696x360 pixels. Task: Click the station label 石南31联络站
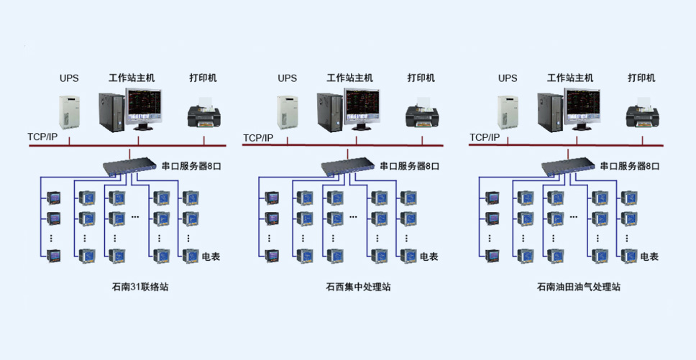[140, 287]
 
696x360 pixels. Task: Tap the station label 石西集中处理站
[358, 287]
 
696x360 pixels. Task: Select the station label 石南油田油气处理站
[578, 287]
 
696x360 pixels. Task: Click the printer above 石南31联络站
[203, 113]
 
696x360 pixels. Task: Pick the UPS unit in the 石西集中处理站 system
[287, 113]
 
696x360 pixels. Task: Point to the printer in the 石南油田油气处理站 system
[642, 113]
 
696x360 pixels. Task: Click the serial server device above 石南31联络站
[129, 166]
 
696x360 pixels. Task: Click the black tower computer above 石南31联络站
[111, 112]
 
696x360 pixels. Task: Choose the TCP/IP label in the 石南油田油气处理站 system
[485, 137]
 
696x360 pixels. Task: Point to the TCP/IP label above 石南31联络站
[42, 137]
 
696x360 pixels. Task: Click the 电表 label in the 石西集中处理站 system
[429, 257]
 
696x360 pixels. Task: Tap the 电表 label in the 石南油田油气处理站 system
[649, 257]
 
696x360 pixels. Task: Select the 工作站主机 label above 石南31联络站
[132, 78]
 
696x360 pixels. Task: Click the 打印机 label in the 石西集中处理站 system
[421, 78]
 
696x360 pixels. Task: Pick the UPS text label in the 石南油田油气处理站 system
[508, 78]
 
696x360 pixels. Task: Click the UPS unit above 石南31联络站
[69, 113]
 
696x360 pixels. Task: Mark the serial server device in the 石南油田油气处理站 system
[568, 166]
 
